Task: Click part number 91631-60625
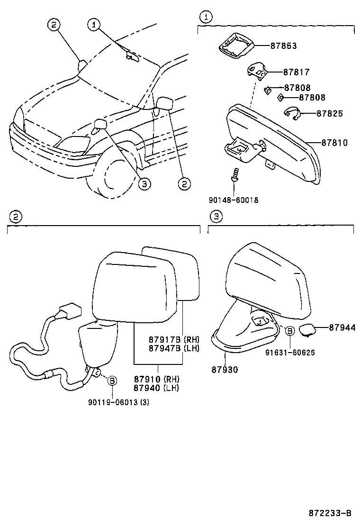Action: (x=290, y=353)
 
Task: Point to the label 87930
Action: (x=225, y=369)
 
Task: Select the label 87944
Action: (x=342, y=327)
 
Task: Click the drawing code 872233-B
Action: (x=330, y=513)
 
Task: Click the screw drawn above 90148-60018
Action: (x=234, y=175)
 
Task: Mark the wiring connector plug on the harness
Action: (x=68, y=311)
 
